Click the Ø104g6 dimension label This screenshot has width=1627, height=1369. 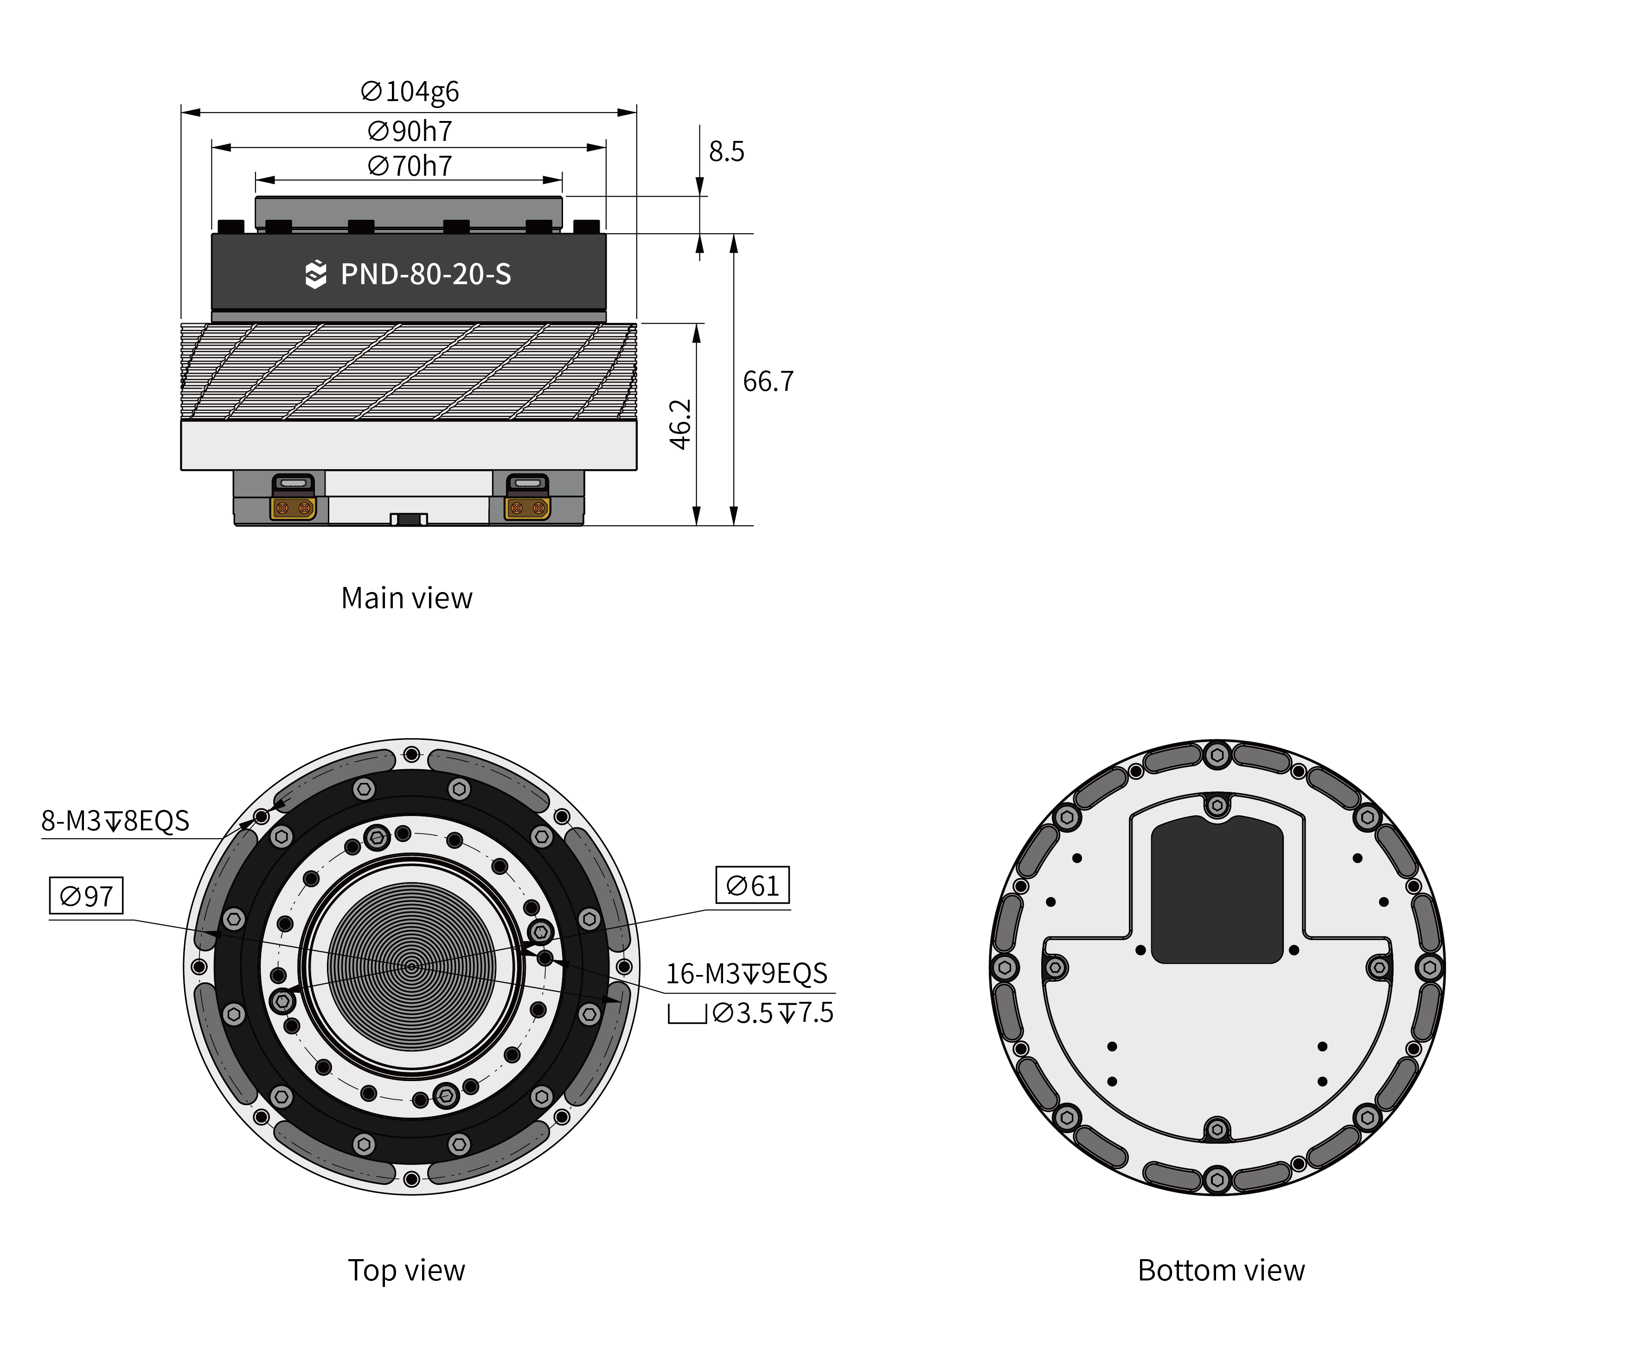tap(410, 92)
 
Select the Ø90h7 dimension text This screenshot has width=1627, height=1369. tap(410, 131)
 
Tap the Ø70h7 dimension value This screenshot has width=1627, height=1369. tap(410, 166)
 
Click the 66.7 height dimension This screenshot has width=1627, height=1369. tap(768, 381)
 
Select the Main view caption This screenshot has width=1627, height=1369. tap(407, 599)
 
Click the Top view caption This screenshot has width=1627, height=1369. tap(407, 1270)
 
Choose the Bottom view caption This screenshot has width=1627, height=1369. tap(1221, 1270)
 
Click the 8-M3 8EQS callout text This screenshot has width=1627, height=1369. tap(115, 820)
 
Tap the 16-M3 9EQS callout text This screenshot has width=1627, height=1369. tap(747, 973)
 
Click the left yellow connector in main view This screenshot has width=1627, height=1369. tap(294, 508)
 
